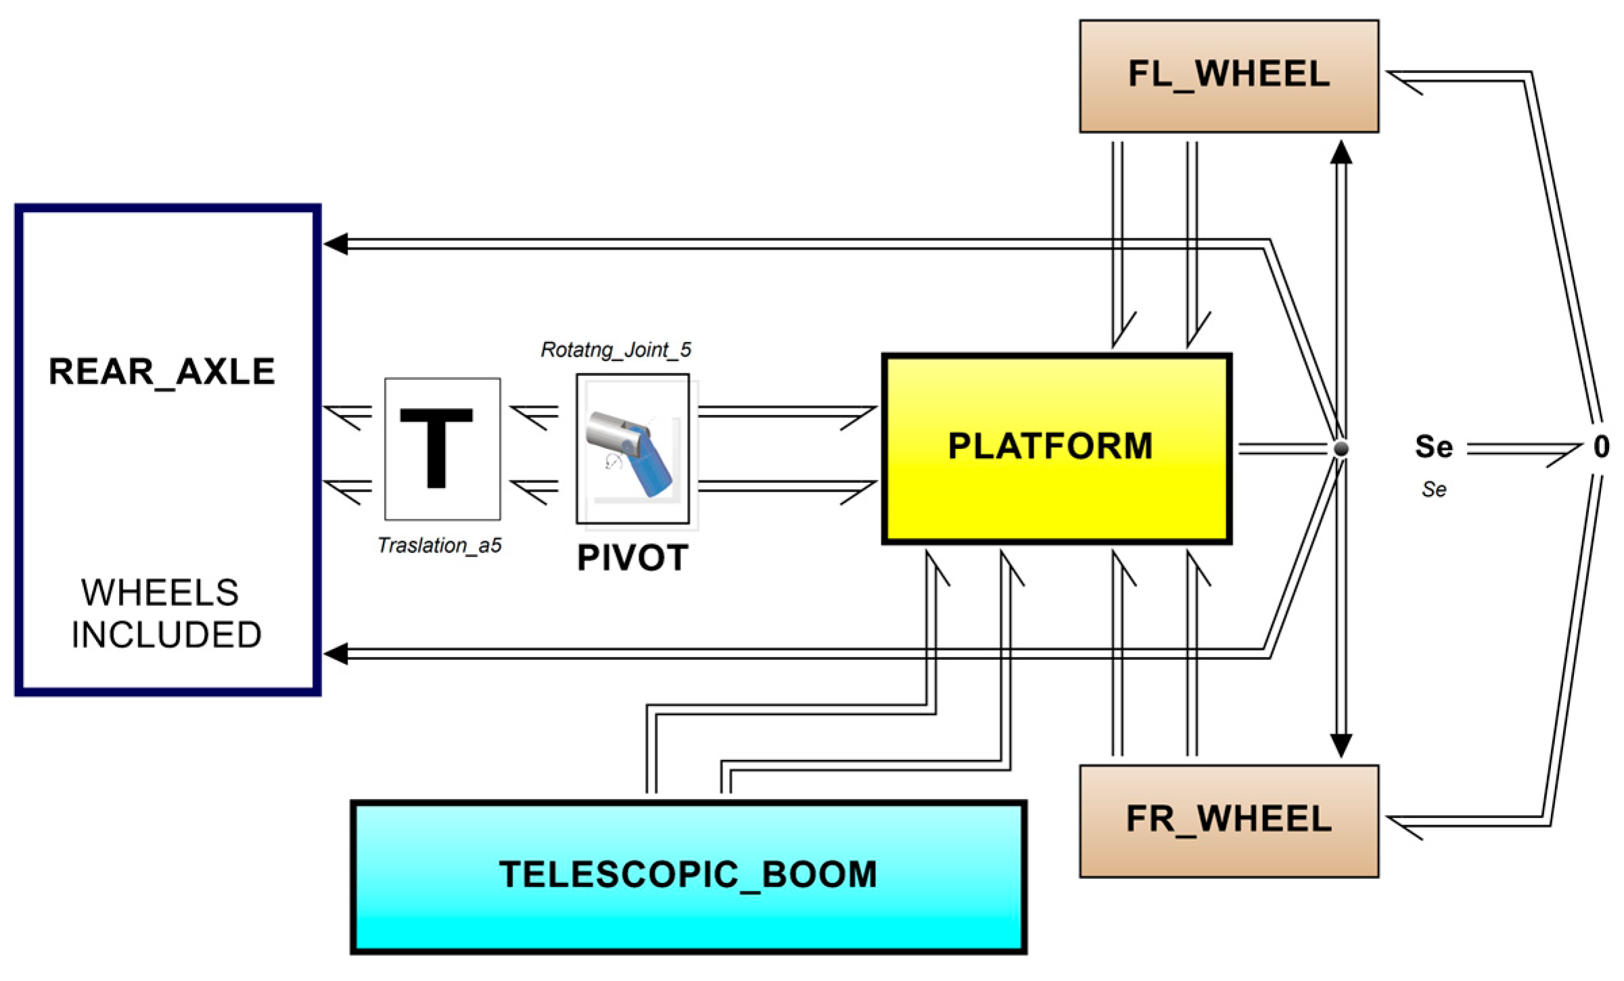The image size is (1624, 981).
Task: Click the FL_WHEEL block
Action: [1228, 76]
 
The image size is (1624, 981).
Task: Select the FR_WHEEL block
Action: [1228, 821]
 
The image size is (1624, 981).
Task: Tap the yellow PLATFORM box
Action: [1056, 448]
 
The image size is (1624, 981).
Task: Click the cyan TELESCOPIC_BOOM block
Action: [688, 877]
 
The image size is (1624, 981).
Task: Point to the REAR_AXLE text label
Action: [162, 371]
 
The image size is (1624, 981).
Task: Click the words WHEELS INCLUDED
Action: [166, 613]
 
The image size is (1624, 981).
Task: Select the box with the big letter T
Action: [442, 449]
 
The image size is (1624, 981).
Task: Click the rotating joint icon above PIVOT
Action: [632, 449]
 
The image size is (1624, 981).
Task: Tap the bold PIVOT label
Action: [632, 558]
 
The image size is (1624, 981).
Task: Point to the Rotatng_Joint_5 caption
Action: [616, 350]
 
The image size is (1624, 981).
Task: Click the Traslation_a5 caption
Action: [440, 545]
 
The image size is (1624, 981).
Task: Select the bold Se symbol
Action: [1433, 447]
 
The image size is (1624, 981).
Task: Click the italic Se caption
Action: [1433, 489]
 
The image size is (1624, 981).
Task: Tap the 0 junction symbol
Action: [1601, 447]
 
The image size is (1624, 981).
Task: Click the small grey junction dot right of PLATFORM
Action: [1341, 448]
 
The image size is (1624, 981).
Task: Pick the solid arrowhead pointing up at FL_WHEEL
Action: [1341, 153]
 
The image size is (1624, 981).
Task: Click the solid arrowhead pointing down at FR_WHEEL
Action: [1341, 745]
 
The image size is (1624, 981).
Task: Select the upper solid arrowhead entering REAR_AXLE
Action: [336, 244]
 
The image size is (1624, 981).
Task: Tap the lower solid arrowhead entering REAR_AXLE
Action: [336, 654]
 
